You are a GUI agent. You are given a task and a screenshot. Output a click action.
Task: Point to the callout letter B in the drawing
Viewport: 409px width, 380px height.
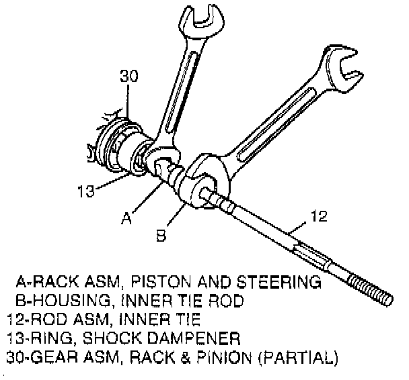click(161, 236)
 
